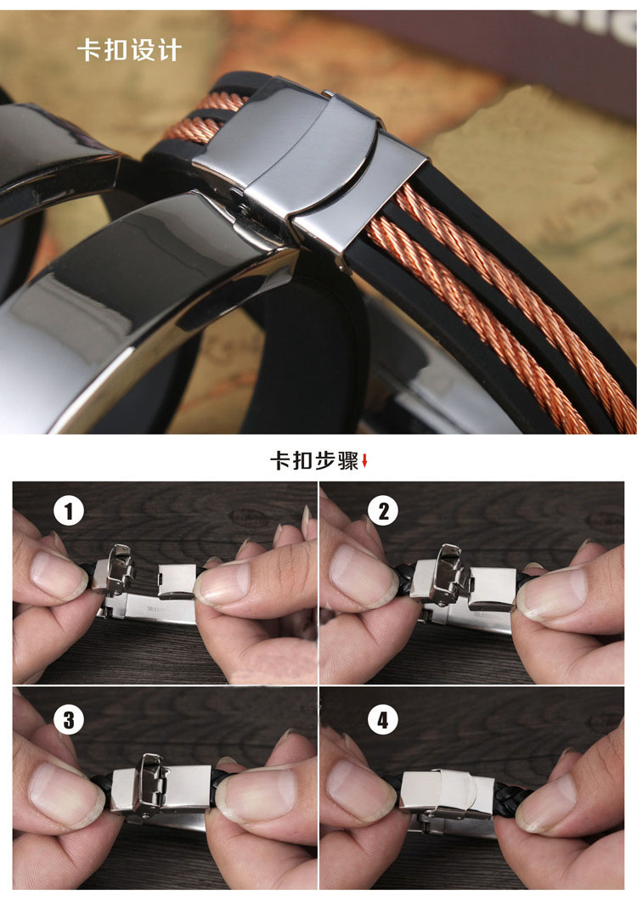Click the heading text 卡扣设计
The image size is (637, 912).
point(129,50)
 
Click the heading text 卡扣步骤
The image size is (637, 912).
point(313,460)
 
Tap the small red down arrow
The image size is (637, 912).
point(364,461)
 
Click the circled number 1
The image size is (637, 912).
point(69,511)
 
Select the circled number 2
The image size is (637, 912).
point(383,511)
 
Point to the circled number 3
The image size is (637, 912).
point(69,719)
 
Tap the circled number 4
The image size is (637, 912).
point(383,719)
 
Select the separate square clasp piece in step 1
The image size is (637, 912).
point(177,581)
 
